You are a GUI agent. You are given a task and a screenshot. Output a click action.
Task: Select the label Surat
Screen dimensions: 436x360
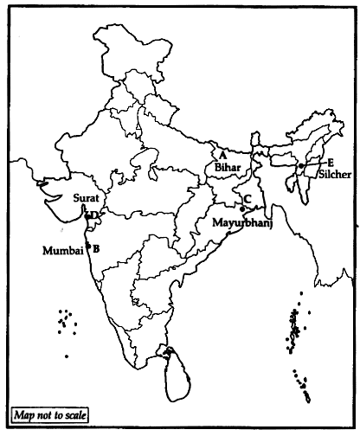click(86, 197)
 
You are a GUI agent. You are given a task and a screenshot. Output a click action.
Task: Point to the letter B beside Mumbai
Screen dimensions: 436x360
click(96, 248)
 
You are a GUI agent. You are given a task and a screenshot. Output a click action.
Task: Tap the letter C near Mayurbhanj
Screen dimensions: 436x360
click(247, 199)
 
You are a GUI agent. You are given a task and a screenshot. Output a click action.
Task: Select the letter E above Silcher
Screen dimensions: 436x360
click(331, 161)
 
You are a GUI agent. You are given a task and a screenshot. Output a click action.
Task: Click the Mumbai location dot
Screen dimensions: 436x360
click(88, 247)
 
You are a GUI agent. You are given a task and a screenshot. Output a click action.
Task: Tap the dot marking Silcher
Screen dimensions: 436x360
click(299, 165)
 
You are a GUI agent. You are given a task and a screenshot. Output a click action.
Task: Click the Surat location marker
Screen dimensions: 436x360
click(87, 213)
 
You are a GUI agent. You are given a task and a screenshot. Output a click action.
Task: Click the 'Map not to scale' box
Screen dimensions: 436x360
click(49, 415)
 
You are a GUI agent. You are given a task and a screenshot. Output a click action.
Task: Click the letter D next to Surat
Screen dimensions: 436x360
click(94, 214)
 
